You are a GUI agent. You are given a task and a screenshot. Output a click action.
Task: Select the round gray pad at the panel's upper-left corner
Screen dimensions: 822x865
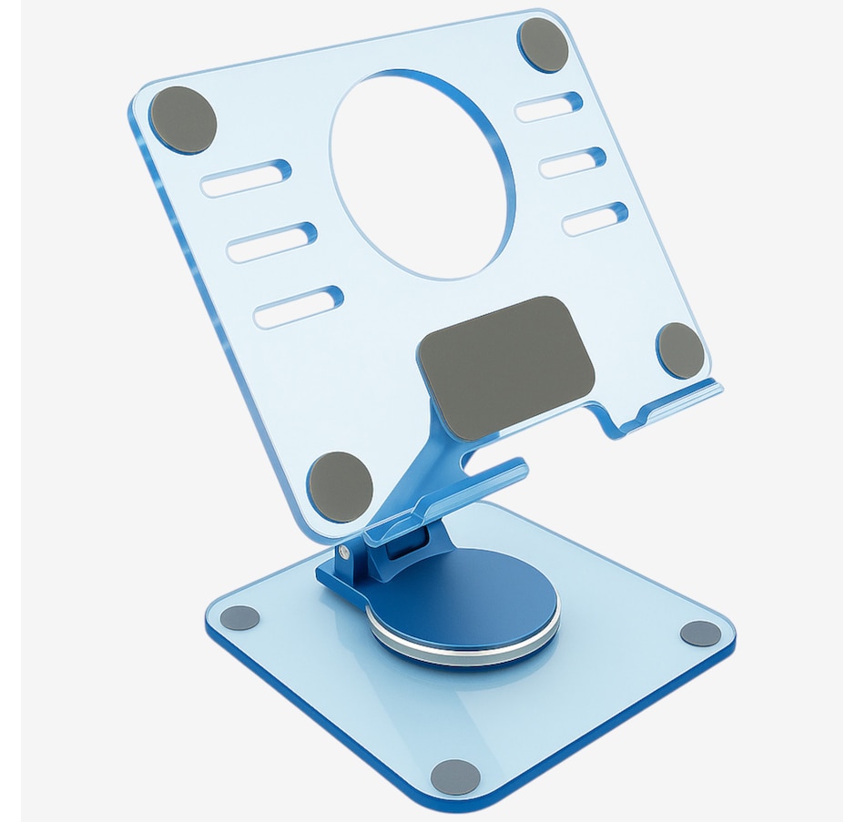[x=183, y=119]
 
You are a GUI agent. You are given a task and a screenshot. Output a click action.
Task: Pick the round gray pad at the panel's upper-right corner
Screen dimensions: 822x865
[x=544, y=45]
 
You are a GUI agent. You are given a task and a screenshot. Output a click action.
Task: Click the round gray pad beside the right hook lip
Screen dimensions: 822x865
[x=679, y=350]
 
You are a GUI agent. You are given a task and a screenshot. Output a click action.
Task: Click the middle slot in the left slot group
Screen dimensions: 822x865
[x=271, y=242]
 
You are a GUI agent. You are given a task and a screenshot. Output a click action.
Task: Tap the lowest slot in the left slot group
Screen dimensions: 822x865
[x=298, y=307]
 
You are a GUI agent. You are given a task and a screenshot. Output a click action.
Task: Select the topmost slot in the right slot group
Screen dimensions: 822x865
[x=548, y=107]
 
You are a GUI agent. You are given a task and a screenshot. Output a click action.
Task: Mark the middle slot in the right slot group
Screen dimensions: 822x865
[x=572, y=162]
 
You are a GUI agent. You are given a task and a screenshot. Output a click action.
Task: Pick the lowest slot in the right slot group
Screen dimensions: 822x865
[x=595, y=218]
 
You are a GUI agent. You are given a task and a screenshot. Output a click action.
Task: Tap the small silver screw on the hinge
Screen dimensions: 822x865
[x=342, y=552]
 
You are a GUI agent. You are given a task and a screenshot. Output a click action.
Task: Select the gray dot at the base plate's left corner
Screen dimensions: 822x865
[x=239, y=618]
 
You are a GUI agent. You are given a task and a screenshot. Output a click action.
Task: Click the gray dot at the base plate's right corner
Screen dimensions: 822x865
[x=700, y=634]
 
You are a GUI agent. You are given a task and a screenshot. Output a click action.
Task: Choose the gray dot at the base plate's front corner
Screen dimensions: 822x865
[x=455, y=776]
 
